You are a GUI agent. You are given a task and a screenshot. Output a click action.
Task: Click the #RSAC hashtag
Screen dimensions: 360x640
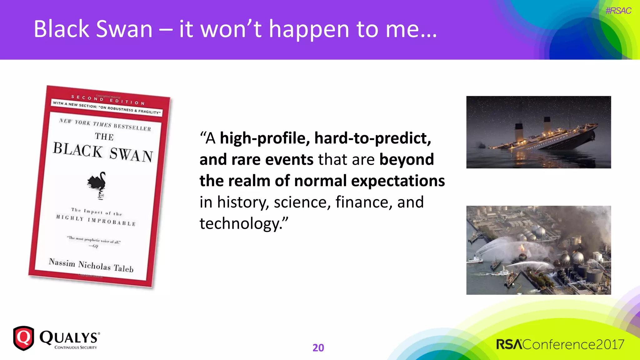pyautogui.click(x=618, y=11)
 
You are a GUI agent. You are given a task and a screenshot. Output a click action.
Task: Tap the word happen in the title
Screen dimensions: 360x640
pyautogui.click(x=309, y=29)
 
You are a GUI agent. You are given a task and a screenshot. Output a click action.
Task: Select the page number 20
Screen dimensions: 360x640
pyautogui.click(x=318, y=347)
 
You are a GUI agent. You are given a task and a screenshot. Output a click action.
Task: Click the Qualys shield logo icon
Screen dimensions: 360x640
pyautogui.click(x=23, y=338)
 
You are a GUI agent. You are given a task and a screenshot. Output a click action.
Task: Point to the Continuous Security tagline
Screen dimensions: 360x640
pyautogui.click(x=76, y=347)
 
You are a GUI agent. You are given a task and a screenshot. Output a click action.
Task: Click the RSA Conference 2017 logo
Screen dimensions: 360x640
pyautogui.click(x=560, y=344)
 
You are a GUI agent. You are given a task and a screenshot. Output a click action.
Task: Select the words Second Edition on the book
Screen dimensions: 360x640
pyautogui.click(x=108, y=100)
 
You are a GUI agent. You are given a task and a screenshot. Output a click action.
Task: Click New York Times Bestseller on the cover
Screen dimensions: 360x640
pyautogui.click(x=105, y=125)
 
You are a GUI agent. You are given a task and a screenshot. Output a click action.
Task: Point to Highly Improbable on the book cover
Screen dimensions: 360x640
pyautogui.click(x=96, y=220)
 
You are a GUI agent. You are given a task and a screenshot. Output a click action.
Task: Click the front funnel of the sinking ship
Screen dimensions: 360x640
pyautogui.click(x=519, y=130)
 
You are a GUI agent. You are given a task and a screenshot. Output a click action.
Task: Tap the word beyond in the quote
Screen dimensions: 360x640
pyautogui.click(x=407, y=160)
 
